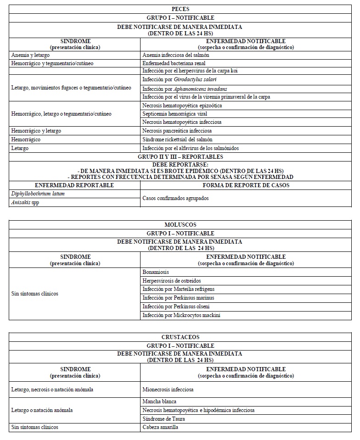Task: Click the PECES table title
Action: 180,9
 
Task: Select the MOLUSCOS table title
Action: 180,225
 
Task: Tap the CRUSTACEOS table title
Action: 180,337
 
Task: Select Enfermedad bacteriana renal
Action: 174,63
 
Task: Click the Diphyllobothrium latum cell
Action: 34,194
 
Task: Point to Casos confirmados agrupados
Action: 175,198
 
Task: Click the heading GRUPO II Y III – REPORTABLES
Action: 180,156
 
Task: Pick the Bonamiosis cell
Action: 156,272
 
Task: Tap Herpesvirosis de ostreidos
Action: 172,281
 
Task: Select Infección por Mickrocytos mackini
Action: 179,315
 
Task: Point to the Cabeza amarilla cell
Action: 160,428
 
